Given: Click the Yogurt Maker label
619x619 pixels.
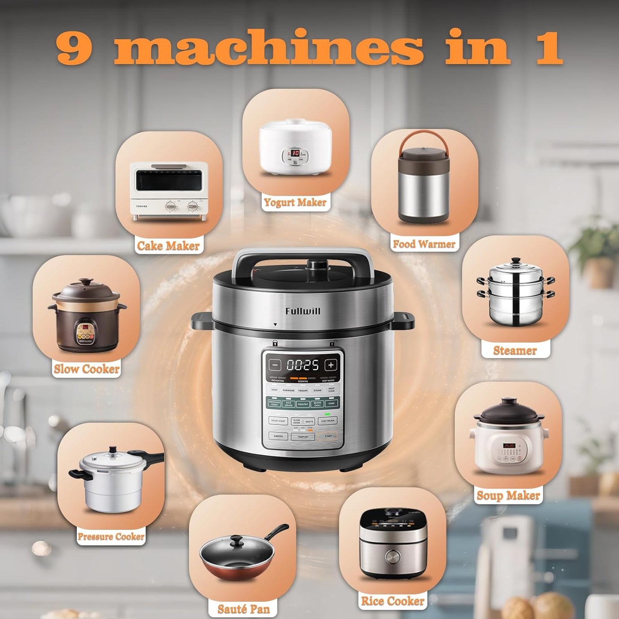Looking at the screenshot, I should click(x=295, y=202).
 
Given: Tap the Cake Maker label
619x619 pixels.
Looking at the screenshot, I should click(x=168, y=245).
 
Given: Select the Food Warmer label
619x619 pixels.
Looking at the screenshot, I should click(x=424, y=244).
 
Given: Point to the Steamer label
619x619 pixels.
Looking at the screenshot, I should click(x=515, y=350).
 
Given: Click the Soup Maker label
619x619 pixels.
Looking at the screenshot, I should click(x=508, y=495).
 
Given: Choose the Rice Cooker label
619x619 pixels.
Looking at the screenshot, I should click(x=392, y=601).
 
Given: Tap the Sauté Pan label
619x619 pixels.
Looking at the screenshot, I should click(x=243, y=609).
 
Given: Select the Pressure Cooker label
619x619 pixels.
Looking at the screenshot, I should click(x=111, y=536).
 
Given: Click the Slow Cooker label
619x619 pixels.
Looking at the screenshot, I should click(x=87, y=369).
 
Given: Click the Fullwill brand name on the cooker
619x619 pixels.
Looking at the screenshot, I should click(x=303, y=311).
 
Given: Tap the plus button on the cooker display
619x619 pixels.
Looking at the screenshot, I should click(x=331, y=365).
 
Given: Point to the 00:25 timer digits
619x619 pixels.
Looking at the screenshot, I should click(x=303, y=365).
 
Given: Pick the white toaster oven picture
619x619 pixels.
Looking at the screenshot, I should click(x=169, y=191).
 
